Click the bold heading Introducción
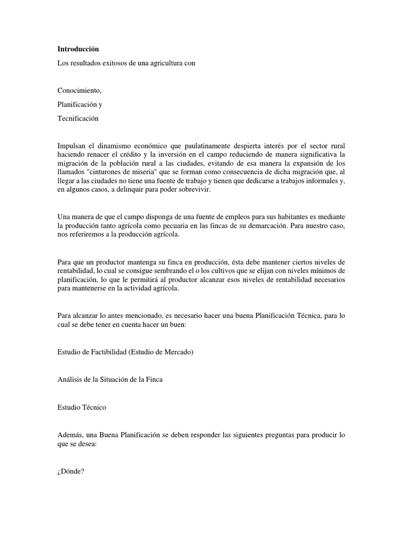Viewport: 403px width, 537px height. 78,49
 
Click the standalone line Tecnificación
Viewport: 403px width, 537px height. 78,118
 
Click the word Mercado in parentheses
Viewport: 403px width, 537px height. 177,352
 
